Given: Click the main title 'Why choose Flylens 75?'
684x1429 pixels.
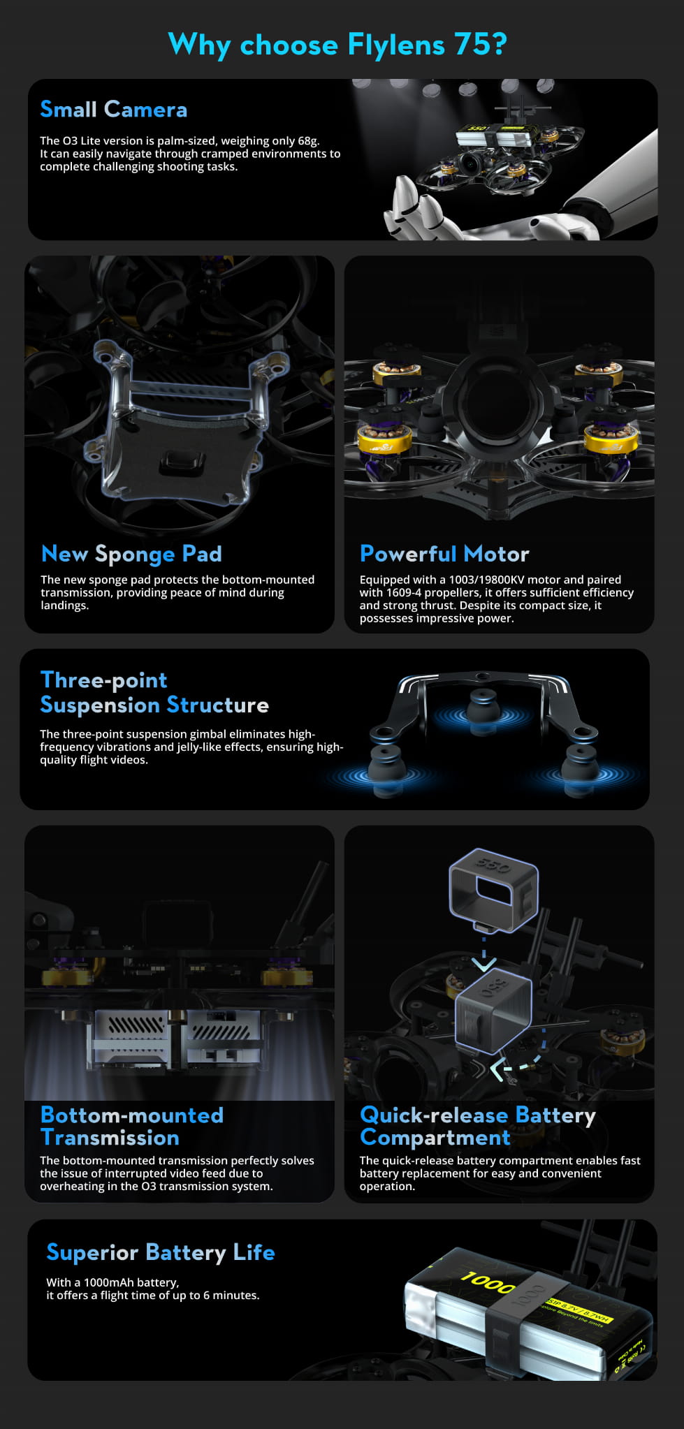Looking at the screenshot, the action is [x=337, y=45].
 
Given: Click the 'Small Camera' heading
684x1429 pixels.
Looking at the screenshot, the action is [x=114, y=110].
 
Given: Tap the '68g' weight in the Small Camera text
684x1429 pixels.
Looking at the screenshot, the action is [x=307, y=141].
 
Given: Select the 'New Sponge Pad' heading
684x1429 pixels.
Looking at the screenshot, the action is [x=131, y=554].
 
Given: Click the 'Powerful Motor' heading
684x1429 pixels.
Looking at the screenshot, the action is [x=444, y=554].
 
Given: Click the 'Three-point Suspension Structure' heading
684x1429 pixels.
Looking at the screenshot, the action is [x=154, y=692].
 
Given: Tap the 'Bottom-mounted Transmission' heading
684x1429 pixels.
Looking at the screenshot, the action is [x=132, y=1126].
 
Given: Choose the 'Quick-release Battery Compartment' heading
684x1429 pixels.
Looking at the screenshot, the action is [x=478, y=1126].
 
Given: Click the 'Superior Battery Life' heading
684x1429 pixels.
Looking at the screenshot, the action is [x=161, y=1252].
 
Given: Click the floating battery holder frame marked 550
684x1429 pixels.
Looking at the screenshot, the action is [x=493, y=888].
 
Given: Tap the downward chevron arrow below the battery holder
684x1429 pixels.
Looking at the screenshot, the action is [x=483, y=963].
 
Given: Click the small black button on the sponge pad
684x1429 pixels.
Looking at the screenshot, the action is [x=182, y=462].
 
